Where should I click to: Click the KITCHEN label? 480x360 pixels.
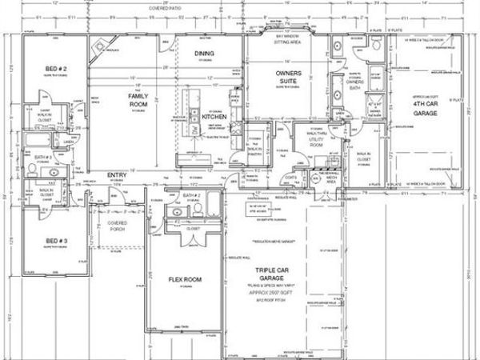coord(214,117)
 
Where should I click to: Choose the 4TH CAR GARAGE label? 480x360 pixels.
coord(430,108)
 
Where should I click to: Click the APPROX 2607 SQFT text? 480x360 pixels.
coord(277,293)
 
